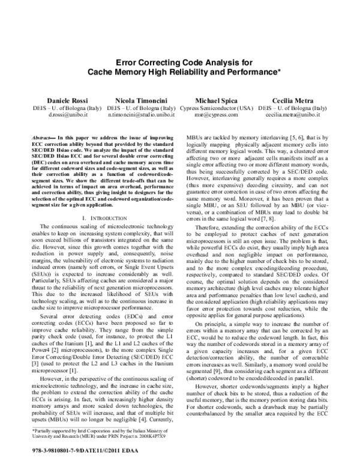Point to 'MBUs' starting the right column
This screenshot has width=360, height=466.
point(194,138)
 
